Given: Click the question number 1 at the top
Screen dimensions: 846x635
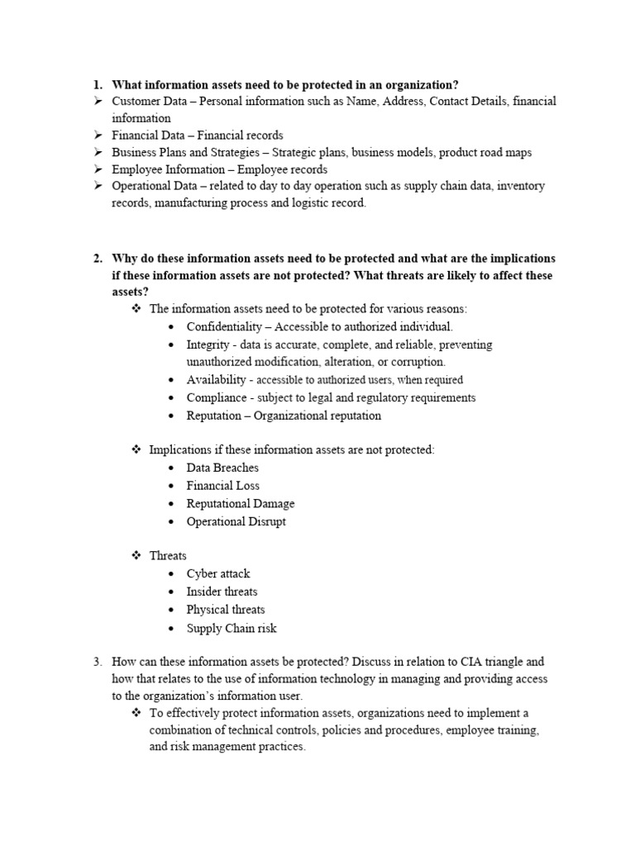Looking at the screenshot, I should [97, 84].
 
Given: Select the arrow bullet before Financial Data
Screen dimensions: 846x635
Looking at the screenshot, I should [96, 135].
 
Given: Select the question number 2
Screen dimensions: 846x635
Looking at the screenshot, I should [97, 258].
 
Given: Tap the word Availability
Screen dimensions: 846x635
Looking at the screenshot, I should [216, 379].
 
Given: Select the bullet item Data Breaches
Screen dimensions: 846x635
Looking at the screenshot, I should [222, 468].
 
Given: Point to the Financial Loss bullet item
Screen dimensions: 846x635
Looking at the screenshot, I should [222, 486].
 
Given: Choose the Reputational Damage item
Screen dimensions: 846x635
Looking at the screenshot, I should [240, 503].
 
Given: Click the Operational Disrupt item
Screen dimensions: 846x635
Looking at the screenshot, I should [236, 521].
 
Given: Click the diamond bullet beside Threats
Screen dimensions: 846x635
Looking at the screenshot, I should [136, 556].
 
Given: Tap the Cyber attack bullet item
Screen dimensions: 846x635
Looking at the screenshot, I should [217, 573].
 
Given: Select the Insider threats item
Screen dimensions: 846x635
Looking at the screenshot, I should [222, 592].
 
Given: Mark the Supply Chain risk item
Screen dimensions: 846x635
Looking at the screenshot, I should [231, 628].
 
